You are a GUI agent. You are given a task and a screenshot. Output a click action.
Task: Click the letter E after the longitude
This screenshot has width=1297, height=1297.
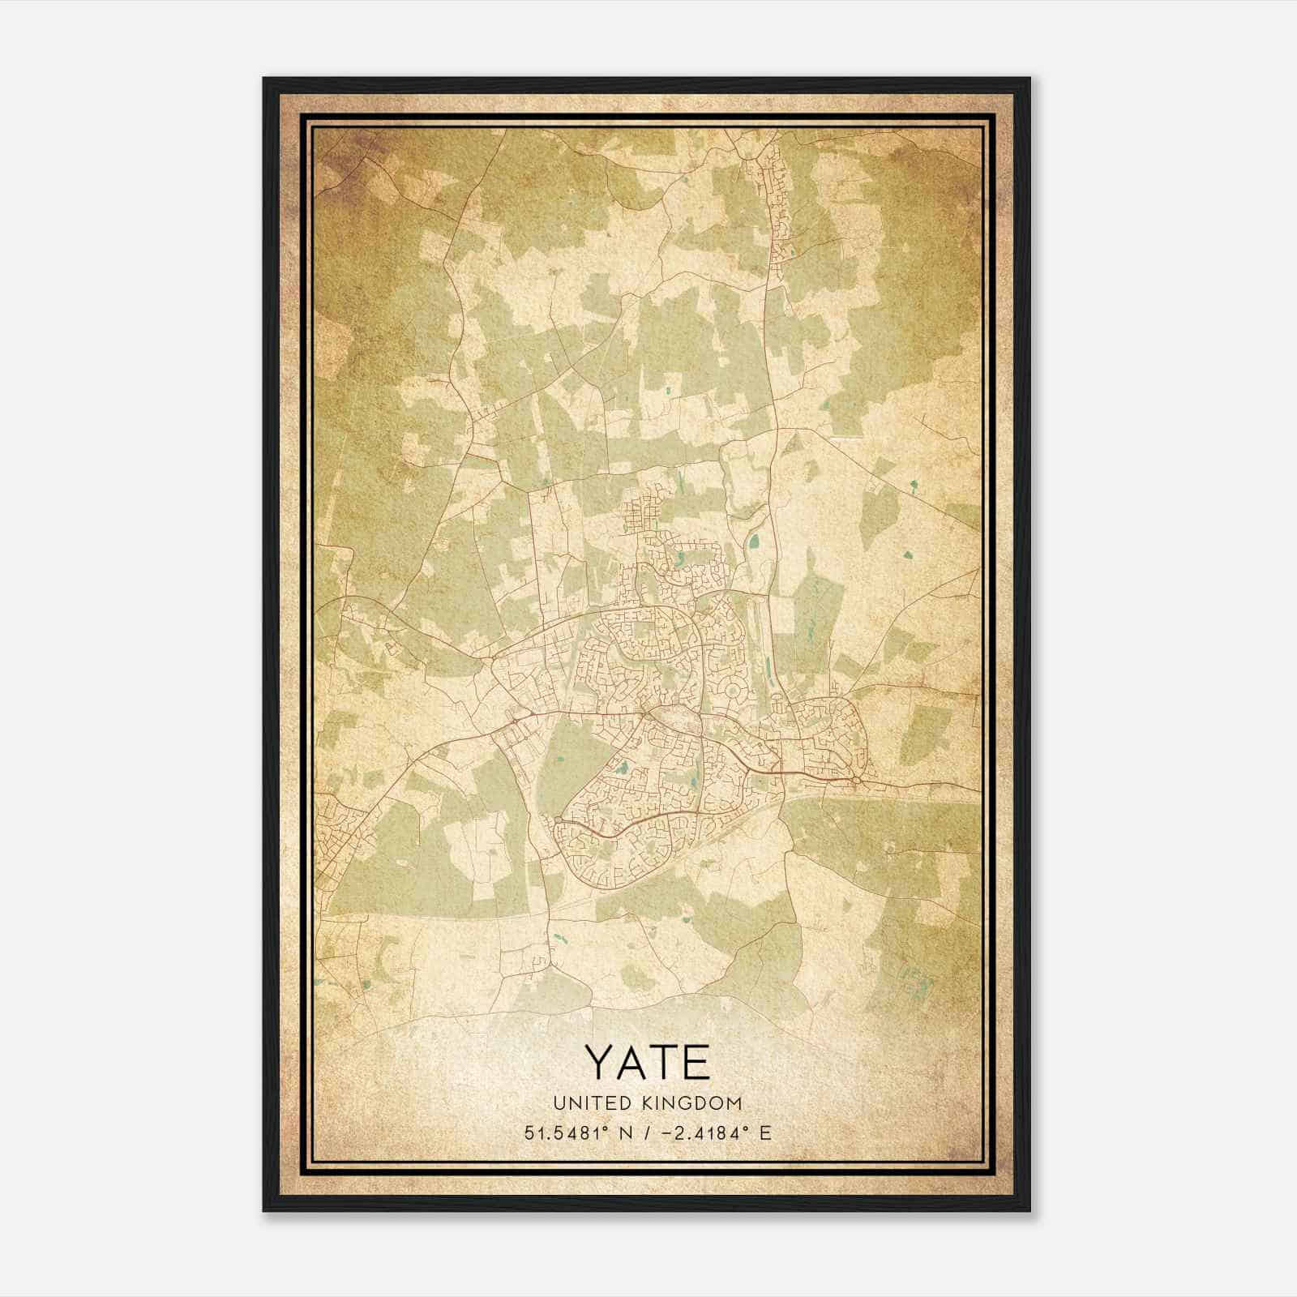(764, 1132)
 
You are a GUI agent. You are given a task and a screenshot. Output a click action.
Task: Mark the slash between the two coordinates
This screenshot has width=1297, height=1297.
(646, 1132)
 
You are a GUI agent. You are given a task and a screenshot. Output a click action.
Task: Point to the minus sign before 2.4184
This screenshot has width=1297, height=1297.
(666, 1132)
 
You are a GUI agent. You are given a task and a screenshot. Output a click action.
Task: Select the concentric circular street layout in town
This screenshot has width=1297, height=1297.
(734, 691)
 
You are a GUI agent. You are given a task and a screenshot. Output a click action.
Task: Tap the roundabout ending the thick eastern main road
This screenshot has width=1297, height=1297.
(857, 780)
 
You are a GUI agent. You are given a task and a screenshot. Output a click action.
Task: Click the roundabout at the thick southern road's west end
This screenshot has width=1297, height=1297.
(558, 821)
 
